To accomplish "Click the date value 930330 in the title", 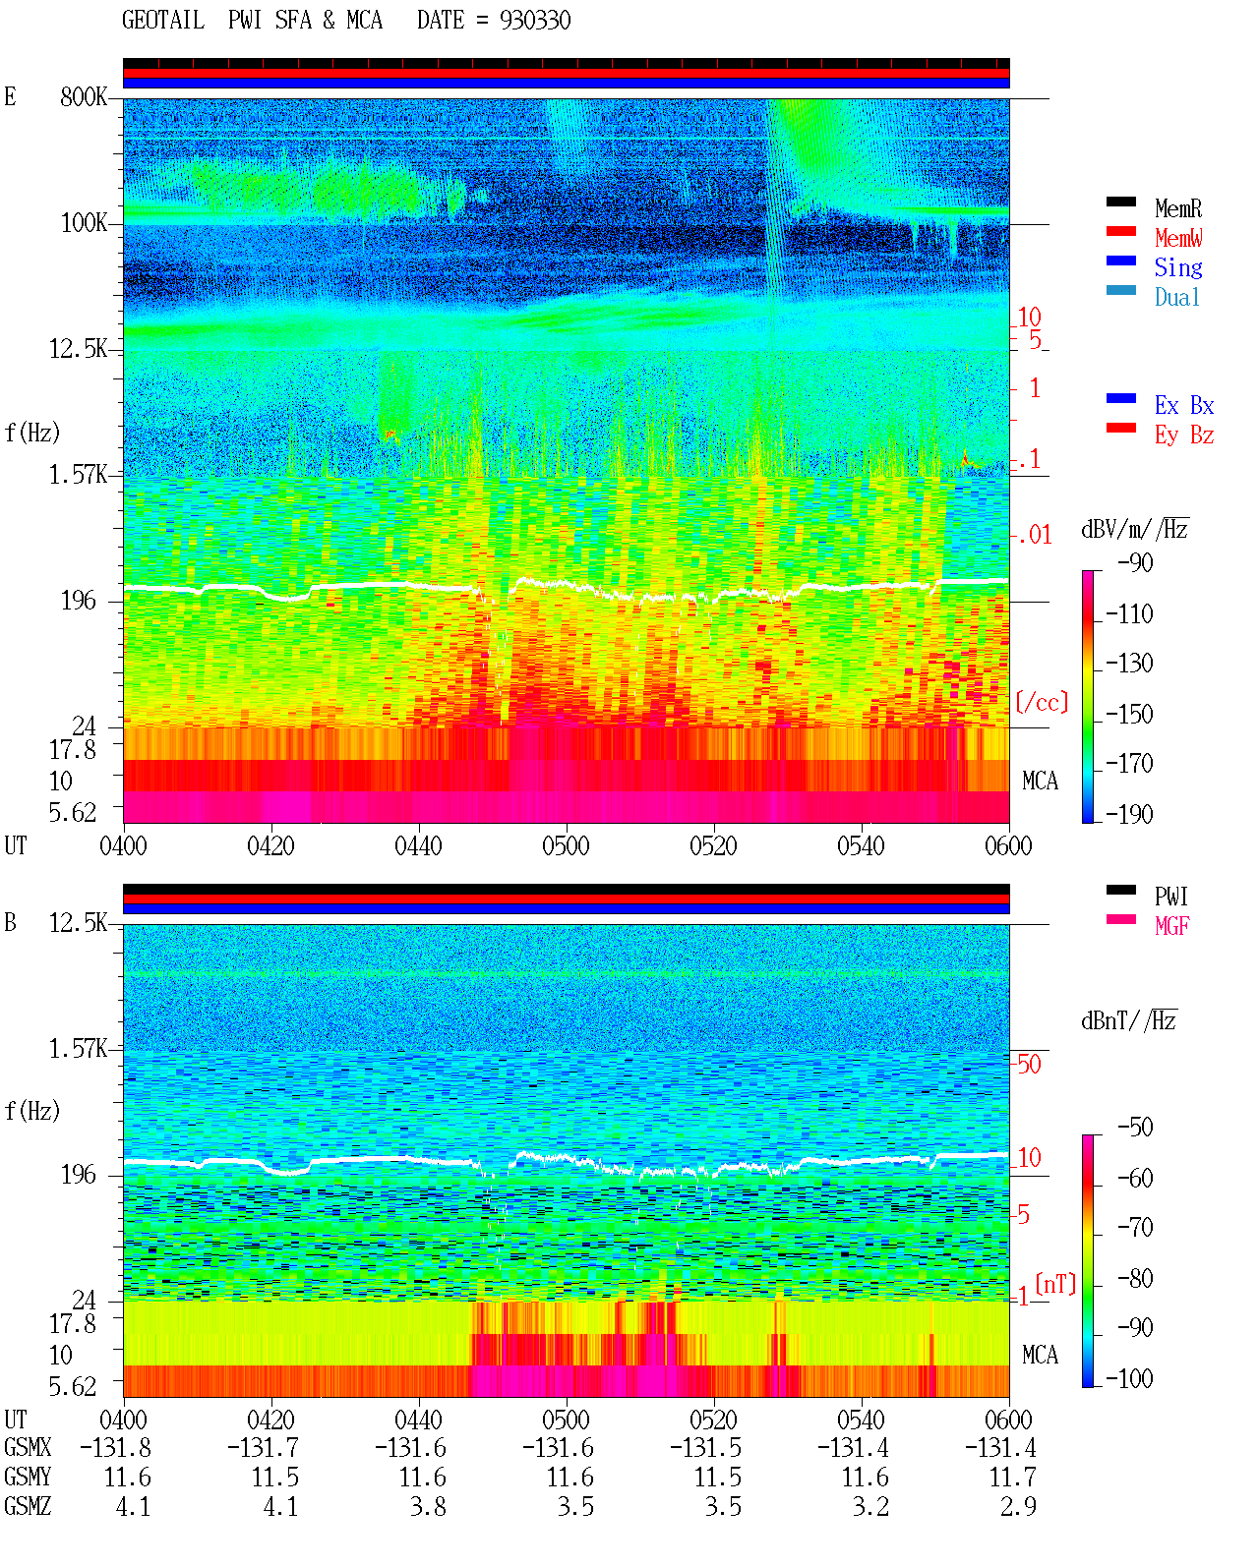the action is tap(534, 21).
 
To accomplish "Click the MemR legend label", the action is tap(1177, 208).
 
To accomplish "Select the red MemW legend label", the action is tap(1177, 238).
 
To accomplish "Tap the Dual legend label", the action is tap(1176, 297).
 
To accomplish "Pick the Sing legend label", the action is tap(1177, 267).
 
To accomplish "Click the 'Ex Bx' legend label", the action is tap(1183, 405).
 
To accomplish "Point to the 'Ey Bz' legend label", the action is tap(1183, 435).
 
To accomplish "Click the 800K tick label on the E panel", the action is tap(83, 96).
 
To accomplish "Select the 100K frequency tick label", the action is tap(83, 223).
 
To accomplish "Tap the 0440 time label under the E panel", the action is tap(418, 846).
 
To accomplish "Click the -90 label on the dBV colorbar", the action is tap(1134, 562).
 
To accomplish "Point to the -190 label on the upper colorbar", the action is tap(1128, 814).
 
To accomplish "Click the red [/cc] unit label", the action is tap(1042, 702).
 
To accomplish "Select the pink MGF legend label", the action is tap(1171, 926).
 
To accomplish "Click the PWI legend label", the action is tap(1170, 897).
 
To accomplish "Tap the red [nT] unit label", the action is tap(1055, 1283).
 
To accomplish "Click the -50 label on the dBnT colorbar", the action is tap(1134, 1128).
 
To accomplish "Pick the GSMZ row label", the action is tap(28, 1506).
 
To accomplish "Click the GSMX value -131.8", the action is tap(115, 1448).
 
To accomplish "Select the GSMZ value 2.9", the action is tap(1017, 1506).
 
